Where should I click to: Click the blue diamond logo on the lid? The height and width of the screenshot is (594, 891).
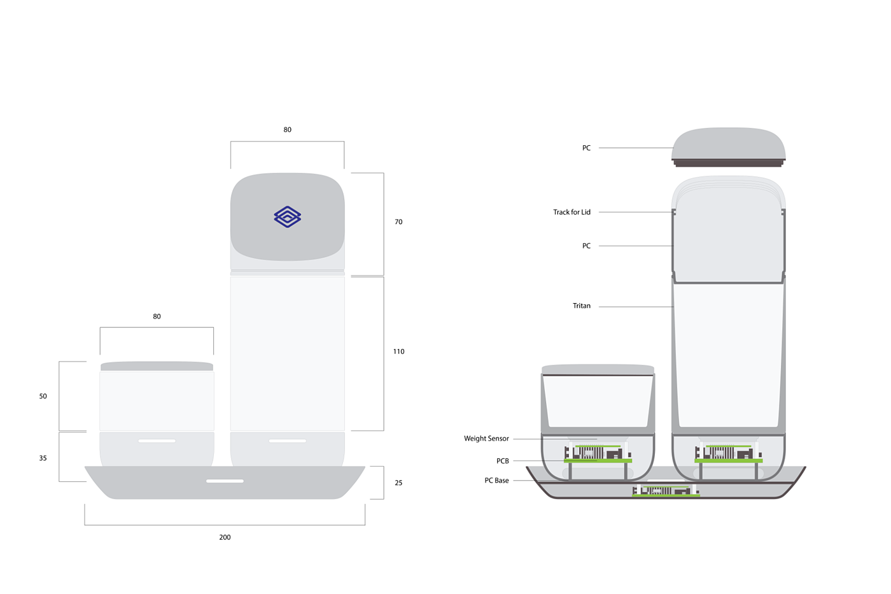pyautogui.click(x=288, y=216)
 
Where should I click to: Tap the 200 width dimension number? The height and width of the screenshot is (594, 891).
pyautogui.click(x=225, y=537)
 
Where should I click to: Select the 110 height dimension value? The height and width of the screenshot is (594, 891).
pyautogui.click(x=398, y=351)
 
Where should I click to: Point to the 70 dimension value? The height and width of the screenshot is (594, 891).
pyautogui.click(x=398, y=222)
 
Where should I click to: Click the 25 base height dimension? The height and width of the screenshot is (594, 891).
pyautogui.click(x=398, y=483)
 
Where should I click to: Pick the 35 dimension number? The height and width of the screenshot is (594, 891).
pyautogui.click(x=43, y=458)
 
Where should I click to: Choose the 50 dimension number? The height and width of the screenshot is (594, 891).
pyautogui.click(x=43, y=396)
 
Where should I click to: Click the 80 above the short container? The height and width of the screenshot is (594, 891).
pyautogui.click(x=157, y=316)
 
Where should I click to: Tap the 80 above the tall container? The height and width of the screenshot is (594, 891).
pyautogui.click(x=287, y=130)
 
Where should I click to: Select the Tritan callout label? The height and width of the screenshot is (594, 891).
pyautogui.click(x=581, y=306)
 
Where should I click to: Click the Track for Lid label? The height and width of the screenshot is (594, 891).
pyautogui.click(x=572, y=213)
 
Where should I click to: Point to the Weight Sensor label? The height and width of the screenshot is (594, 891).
pyautogui.click(x=486, y=439)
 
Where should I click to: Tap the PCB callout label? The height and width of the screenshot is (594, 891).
pyautogui.click(x=502, y=461)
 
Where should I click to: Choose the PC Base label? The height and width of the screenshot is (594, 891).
pyautogui.click(x=496, y=481)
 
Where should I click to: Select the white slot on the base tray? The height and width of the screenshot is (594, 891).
pyautogui.click(x=225, y=481)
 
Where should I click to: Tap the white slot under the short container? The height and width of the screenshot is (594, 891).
pyautogui.click(x=157, y=441)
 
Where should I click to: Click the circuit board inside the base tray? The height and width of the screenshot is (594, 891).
pyautogui.click(x=666, y=491)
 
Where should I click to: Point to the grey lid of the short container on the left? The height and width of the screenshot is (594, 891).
pyautogui.click(x=157, y=366)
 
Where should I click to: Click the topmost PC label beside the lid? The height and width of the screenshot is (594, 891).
pyautogui.click(x=586, y=148)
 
